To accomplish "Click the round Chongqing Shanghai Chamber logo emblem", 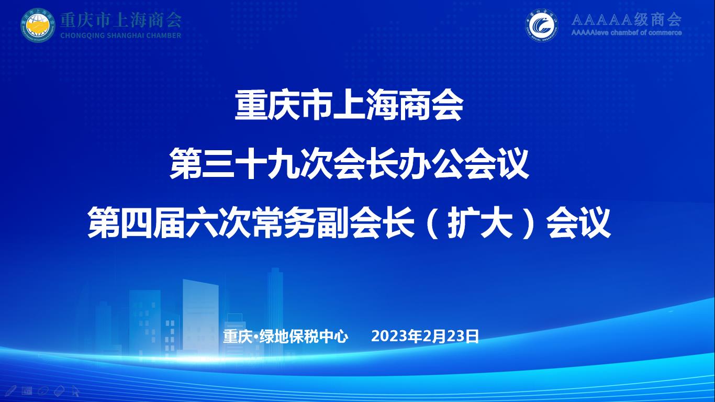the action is (x=38, y=25).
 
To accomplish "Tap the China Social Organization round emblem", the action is (x=542, y=25).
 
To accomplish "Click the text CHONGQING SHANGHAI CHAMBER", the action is (x=121, y=36).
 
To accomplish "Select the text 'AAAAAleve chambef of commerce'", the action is (x=626, y=32).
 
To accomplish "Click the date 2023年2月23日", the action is (x=425, y=337).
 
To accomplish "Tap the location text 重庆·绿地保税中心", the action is (x=285, y=337).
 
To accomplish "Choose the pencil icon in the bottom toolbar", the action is (x=11, y=390).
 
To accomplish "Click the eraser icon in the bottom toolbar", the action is (x=59, y=390).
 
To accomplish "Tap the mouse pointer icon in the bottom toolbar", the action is (x=76, y=391).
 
